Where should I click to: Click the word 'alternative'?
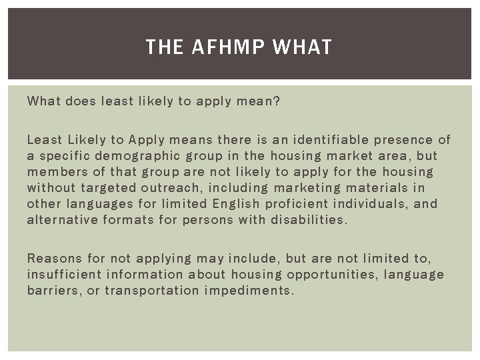63,220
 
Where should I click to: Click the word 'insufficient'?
65,274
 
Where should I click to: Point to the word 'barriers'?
53,290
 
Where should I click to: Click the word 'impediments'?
249,290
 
